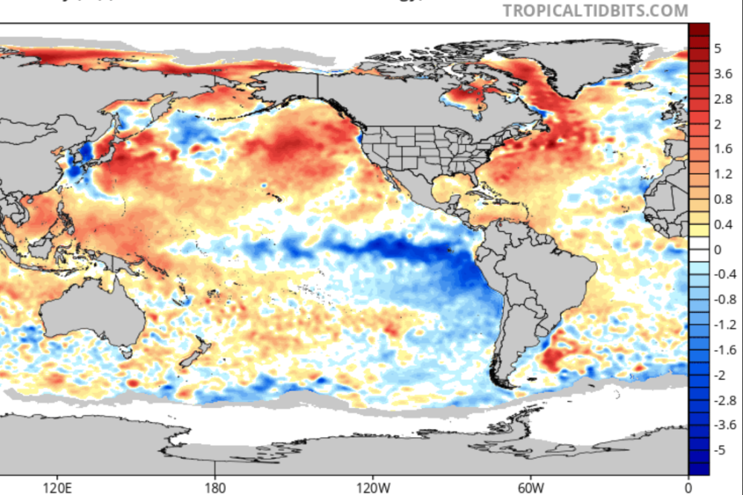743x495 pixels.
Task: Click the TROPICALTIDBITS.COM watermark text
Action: coord(595,10)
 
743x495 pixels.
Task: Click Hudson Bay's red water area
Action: coord(464,97)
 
